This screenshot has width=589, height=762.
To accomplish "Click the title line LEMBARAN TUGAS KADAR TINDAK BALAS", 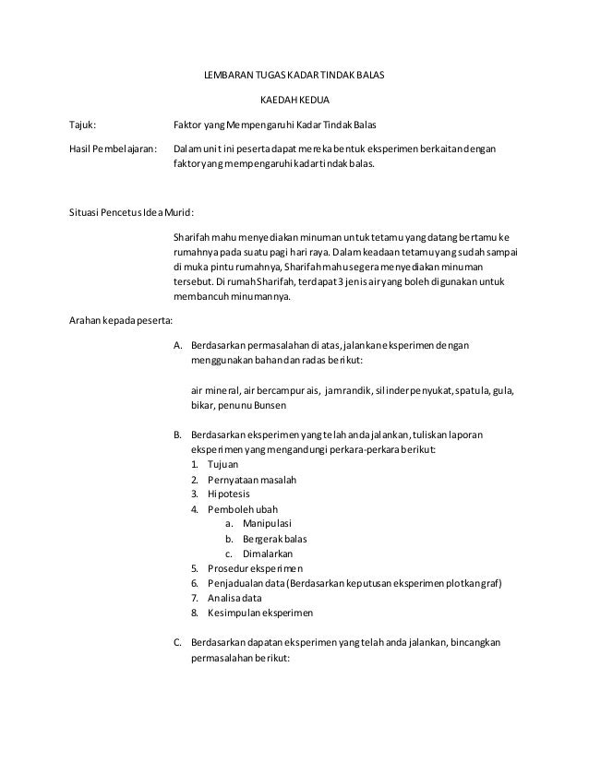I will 294,73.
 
